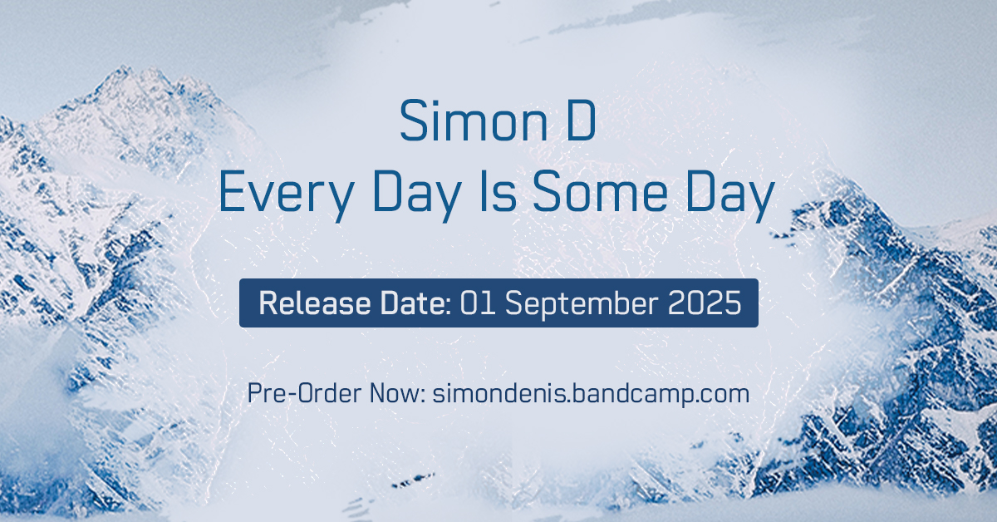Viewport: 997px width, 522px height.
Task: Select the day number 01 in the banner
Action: [x=479, y=303]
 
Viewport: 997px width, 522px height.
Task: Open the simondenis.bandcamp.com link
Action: [x=592, y=393]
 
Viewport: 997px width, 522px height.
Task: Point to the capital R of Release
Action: [x=268, y=303]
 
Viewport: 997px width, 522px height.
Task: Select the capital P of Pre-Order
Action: [x=253, y=393]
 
